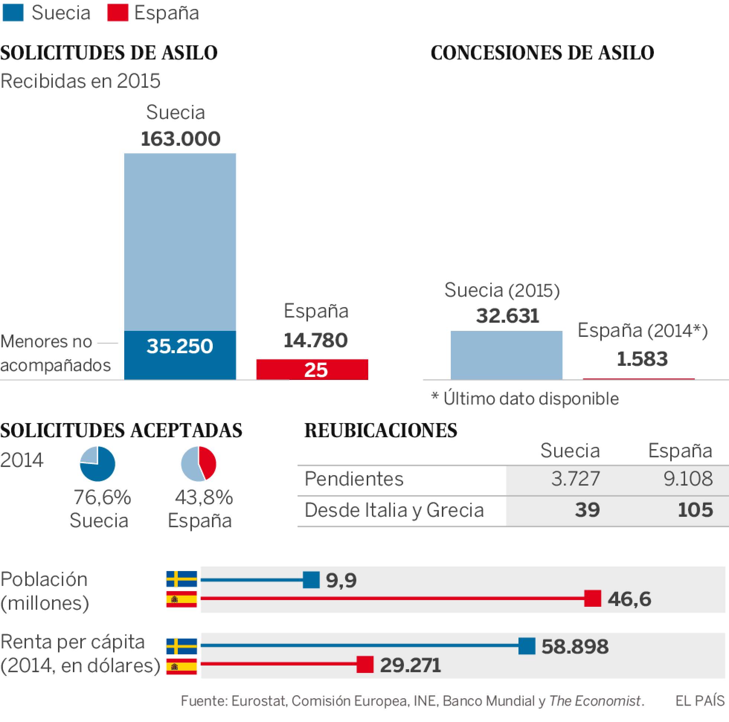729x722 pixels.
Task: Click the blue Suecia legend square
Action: coord(13,13)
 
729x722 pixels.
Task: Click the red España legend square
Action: coord(118,13)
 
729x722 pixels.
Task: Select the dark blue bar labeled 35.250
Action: coord(180,355)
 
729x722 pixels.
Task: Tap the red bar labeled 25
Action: coord(312,369)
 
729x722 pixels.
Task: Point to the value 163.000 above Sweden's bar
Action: coord(180,138)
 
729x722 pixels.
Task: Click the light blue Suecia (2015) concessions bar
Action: coord(506,355)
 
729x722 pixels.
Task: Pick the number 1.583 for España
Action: coord(642,358)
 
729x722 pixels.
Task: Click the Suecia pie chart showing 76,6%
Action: coord(97,464)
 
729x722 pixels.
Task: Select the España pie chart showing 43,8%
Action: coord(199,464)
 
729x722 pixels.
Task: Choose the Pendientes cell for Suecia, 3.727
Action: coord(575,479)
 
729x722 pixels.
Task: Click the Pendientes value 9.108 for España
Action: coord(688,479)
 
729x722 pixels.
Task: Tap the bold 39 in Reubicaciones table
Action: coord(587,510)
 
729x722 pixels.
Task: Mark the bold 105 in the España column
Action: coord(695,510)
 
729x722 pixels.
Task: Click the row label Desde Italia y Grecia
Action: coord(394,510)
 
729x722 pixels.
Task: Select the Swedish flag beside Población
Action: coord(182,578)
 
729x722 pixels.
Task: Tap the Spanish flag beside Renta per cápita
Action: coord(182,666)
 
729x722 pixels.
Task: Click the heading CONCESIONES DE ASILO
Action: coord(542,53)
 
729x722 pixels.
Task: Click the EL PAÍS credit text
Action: coord(700,701)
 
